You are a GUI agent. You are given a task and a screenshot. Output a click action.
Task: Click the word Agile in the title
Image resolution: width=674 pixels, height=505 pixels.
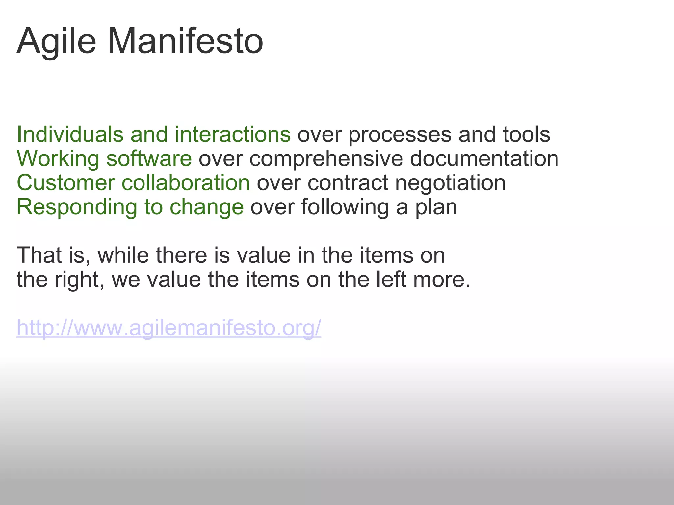point(56,42)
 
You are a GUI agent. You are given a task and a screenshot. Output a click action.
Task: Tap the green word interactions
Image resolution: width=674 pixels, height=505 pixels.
point(233,134)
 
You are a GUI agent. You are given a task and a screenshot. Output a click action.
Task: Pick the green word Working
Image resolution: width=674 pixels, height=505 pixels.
point(58,159)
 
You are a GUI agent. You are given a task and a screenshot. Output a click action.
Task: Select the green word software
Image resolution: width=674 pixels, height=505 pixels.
point(149,158)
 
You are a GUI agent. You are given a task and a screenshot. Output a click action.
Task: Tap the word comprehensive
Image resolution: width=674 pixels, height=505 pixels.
point(326,159)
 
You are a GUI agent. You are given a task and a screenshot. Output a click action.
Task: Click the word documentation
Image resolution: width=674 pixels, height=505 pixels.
point(484,158)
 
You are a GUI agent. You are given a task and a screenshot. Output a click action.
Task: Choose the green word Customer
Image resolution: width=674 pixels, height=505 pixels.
point(66,183)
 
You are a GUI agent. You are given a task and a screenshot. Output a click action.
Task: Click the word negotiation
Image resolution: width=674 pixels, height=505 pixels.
point(450,183)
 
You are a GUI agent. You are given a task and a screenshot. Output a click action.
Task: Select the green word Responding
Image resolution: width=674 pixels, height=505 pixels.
point(77,207)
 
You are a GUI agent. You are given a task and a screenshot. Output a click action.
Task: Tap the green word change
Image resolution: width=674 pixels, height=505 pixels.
point(207,207)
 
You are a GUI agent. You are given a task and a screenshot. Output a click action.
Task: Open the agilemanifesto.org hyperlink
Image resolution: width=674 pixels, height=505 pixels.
point(169,328)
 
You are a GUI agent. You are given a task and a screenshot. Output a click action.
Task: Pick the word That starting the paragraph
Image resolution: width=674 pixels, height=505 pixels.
point(39,255)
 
